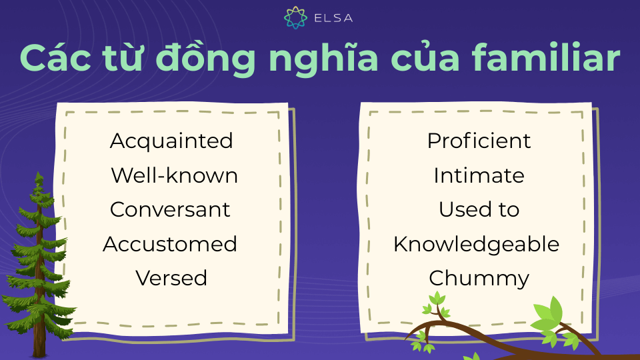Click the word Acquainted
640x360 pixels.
171,141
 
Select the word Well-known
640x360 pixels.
174,175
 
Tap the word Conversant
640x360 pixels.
170,210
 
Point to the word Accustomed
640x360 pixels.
170,244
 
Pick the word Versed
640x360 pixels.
171,279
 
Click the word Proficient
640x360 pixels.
479,141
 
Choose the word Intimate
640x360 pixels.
479,175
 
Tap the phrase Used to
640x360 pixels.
479,210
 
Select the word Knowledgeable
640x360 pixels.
476,245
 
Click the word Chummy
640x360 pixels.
479,279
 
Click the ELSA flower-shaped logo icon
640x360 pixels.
295,17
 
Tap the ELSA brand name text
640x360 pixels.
333,18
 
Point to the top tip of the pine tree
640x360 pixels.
39,172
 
